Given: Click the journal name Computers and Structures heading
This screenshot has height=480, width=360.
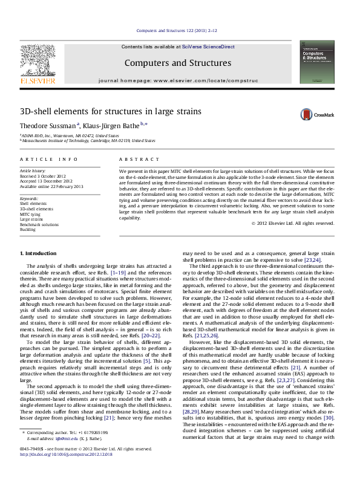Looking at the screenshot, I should (177, 63).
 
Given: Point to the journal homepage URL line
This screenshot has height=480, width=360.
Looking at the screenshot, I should (178, 80).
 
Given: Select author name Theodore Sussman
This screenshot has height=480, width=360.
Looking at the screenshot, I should (47, 126).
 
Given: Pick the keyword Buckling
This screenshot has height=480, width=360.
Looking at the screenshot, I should (28, 230).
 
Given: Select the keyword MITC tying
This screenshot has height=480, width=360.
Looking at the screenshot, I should (31, 213).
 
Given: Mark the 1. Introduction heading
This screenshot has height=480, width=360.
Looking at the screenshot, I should (39, 253).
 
